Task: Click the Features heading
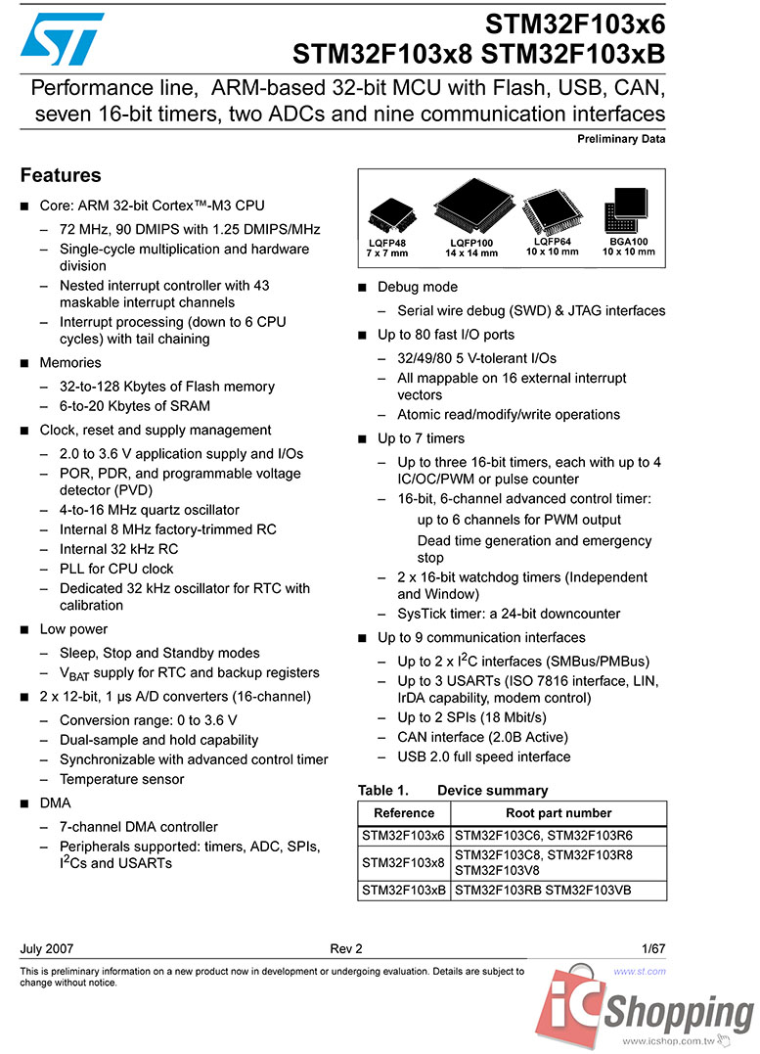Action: (61, 176)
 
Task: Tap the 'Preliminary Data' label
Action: (621, 139)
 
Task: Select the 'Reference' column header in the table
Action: (404, 813)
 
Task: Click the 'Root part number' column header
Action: (559, 813)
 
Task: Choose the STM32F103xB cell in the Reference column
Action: (404, 891)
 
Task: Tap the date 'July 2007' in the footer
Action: (46, 948)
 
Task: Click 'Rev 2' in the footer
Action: (346, 948)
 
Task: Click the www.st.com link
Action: (640, 972)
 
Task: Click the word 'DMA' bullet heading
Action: (55, 803)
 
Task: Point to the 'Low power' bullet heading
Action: (73, 629)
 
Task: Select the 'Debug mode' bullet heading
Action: (418, 287)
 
